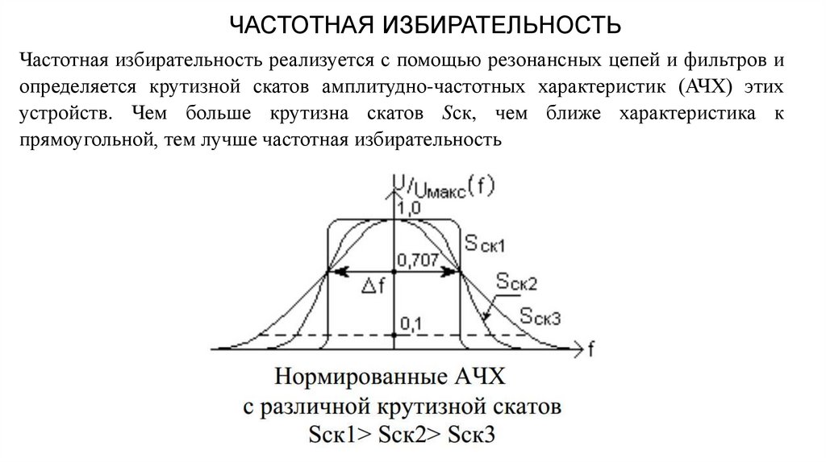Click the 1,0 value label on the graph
[409, 209]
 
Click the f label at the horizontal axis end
[591, 349]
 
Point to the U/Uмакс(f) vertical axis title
[443, 188]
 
